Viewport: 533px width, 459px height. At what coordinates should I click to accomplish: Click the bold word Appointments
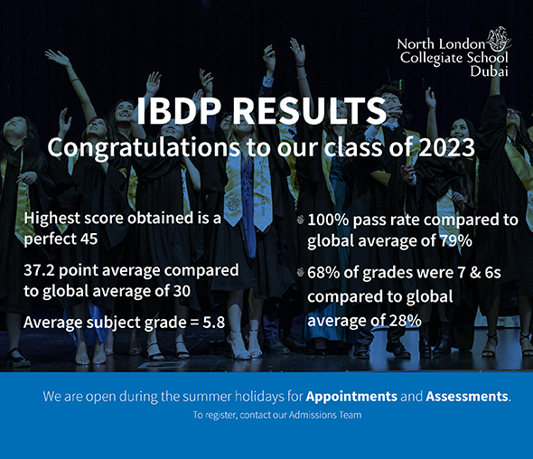(x=351, y=397)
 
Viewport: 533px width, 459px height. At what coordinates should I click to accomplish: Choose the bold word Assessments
(x=467, y=397)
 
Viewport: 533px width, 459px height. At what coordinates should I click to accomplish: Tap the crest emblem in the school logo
(x=499, y=41)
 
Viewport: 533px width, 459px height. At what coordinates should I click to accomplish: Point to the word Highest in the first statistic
(x=51, y=220)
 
